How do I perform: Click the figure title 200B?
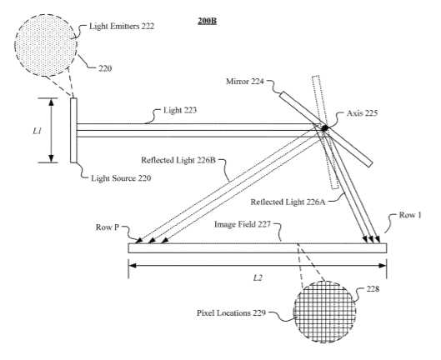tap(207, 21)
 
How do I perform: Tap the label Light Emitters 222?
tap(122, 26)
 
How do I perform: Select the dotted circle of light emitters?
tap(46, 45)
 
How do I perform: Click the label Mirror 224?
tap(245, 82)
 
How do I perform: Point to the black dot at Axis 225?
tap(324, 128)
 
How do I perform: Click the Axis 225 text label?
tap(362, 113)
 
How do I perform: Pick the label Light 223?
tap(180, 110)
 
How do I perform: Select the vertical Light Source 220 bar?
tap(73, 130)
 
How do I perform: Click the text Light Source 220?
tap(121, 178)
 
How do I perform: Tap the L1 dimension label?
tap(38, 131)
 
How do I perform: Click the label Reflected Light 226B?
tap(178, 160)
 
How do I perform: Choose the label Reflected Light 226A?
tap(288, 202)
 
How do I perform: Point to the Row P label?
tap(108, 227)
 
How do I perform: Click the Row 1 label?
tap(410, 215)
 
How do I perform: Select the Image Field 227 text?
tap(243, 224)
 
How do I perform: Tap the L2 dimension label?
tap(258, 277)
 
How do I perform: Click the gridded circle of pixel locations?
tap(324, 312)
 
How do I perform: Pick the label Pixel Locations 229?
tap(231, 313)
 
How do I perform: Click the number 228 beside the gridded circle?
tap(373, 289)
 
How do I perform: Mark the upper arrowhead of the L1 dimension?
tap(51, 102)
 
